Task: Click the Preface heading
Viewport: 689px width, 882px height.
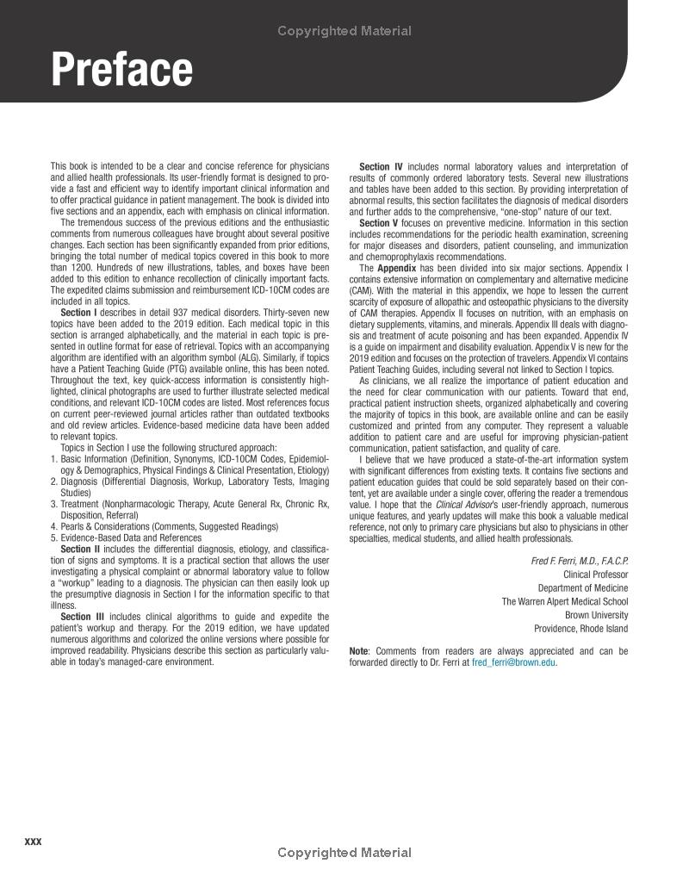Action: click(121, 69)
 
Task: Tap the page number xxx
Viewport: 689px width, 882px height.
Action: click(34, 841)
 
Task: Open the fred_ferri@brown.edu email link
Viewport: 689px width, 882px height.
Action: click(514, 662)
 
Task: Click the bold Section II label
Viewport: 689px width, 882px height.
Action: click(80, 549)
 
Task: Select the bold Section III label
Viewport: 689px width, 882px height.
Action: click(82, 617)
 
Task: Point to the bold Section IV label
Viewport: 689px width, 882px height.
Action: click(381, 167)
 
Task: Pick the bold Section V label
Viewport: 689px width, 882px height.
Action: click(379, 223)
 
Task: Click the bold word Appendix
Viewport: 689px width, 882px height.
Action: click(397, 269)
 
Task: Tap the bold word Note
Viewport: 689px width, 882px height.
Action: click(359, 651)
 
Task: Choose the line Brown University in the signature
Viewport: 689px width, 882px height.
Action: click(596, 615)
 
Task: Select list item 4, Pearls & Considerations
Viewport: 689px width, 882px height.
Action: click(164, 526)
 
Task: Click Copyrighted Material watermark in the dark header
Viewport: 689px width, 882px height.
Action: click(344, 31)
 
